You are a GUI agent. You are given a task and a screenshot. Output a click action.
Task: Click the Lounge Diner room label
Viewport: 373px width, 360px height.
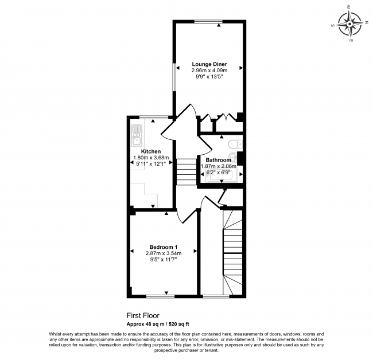coord(209,64)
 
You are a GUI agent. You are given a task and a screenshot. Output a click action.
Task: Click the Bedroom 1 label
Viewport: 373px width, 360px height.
coord(163,246)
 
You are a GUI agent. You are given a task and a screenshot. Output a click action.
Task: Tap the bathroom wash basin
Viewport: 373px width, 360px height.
coord(235,157)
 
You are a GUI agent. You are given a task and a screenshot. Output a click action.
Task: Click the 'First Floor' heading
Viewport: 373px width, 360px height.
coord(143,315)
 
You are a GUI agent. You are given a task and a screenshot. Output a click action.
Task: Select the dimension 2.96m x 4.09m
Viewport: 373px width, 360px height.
coord(209,71)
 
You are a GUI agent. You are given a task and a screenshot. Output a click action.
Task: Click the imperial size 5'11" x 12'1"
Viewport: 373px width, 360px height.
coord(150,164)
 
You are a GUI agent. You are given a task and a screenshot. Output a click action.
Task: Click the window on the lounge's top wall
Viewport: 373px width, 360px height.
coord(208,22)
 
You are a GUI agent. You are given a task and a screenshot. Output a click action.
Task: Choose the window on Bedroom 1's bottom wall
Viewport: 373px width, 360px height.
coord(161,296)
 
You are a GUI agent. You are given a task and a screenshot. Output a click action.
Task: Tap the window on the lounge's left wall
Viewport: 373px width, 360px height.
coord(175,75)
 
